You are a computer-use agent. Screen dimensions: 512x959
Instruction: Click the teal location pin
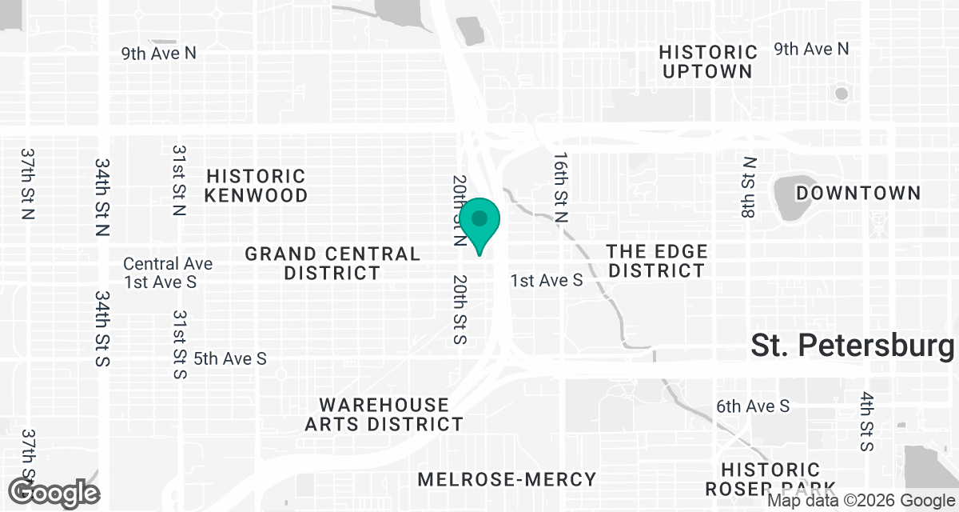pos(479,222)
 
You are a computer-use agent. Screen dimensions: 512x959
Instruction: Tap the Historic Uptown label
pos(707,62)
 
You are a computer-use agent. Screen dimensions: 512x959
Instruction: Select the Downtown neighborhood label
pos(858,193)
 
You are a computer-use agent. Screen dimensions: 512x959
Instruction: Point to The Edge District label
pos(656,262)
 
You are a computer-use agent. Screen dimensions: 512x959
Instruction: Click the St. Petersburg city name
pos(852,346)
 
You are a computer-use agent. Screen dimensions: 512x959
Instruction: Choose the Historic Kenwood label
pos(256,186)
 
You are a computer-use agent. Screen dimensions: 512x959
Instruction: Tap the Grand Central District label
pos(332,263)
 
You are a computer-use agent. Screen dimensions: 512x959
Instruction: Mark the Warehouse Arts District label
pos(384,414)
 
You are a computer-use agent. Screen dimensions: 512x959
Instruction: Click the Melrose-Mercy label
pos(507,479)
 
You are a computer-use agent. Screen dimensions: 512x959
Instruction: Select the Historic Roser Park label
pos(770,478)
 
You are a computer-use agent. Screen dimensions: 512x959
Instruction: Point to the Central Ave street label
pos(168,263)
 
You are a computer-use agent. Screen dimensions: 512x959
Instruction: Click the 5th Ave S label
pos(230,358)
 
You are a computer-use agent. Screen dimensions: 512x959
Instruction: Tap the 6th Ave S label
pos(753,406)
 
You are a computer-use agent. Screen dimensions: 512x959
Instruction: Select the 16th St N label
pos(562,188)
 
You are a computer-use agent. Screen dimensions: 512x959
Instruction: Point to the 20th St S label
pos(459,310)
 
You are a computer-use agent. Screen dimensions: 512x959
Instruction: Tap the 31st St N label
pos(178,181)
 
